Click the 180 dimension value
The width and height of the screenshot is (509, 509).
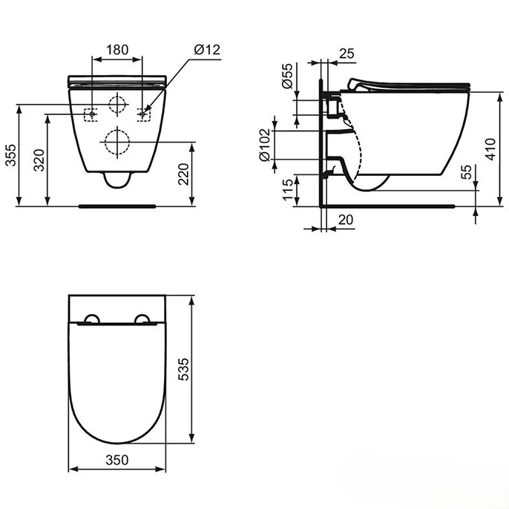coord(117,50)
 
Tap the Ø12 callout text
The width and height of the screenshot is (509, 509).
coord(207,50)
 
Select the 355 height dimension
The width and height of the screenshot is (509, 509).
coord(10,155)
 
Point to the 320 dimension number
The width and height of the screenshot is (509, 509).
coord(39,160)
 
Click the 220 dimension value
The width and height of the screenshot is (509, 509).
coord(183,174)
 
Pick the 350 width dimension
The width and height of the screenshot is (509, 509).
coord(117,460)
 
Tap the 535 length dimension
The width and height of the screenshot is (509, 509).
coord(183,369)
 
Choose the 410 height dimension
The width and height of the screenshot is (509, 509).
coord(490,149)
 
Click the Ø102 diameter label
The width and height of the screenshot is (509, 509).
coord(265,145)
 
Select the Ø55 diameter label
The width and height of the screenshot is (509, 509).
coord(287,76)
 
